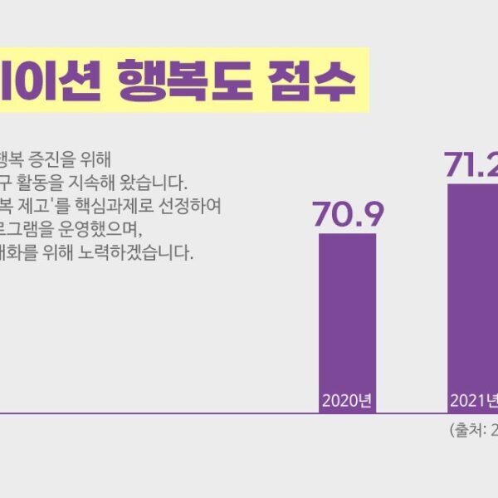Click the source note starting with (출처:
pyautogui.click(x=473, y=431)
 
